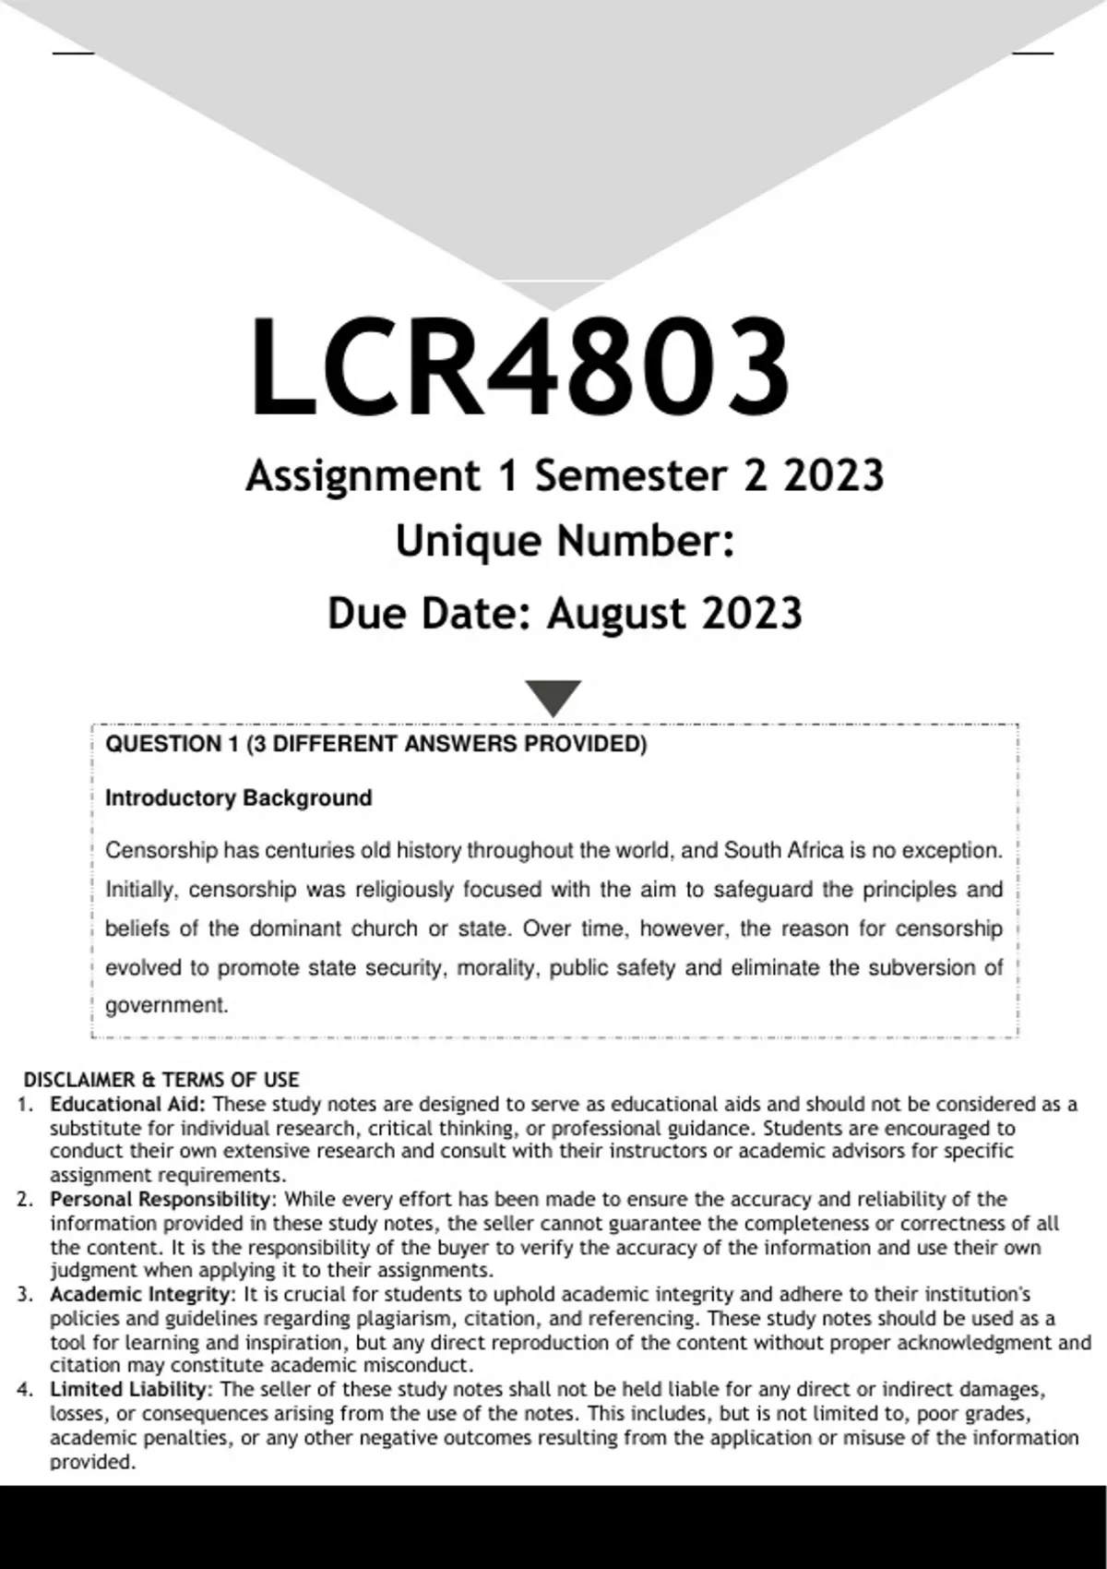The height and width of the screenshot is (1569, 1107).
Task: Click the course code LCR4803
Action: tap(519, 366)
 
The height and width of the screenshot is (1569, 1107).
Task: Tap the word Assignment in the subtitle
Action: tap(363, 477)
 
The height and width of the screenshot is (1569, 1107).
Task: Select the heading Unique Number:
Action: tap(565, 542)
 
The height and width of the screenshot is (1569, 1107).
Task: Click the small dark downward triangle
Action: tap(553, 697)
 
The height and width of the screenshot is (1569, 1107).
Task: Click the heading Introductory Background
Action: tap(238, 797)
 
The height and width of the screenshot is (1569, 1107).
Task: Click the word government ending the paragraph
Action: tap(165, 1005)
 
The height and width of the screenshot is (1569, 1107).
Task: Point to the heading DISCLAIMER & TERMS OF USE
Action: tap(161, 1080)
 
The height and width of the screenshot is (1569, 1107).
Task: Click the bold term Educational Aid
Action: tap(128, 1104)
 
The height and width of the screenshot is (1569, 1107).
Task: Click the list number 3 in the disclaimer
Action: tap(24, 1295)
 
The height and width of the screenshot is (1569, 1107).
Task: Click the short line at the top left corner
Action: tap(74, 54)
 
